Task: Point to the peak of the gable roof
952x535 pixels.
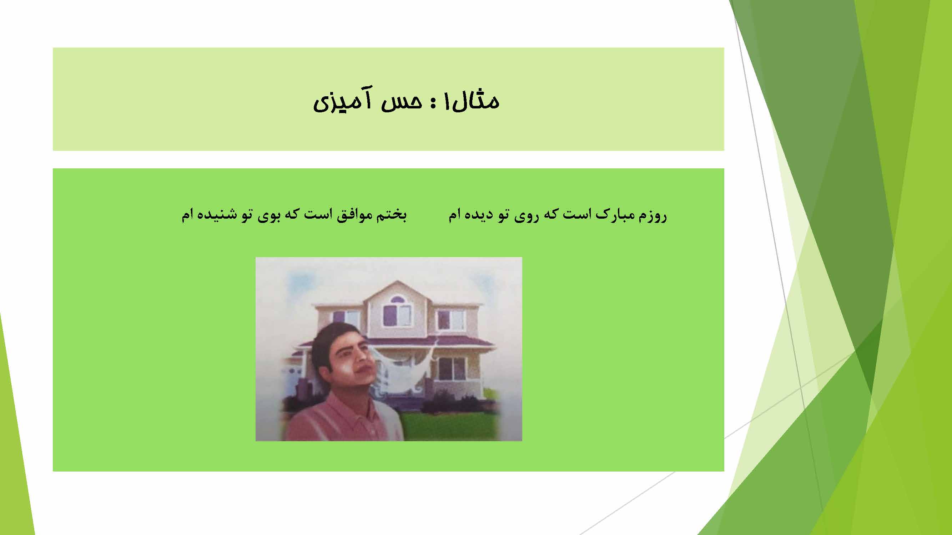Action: [397, 281]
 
